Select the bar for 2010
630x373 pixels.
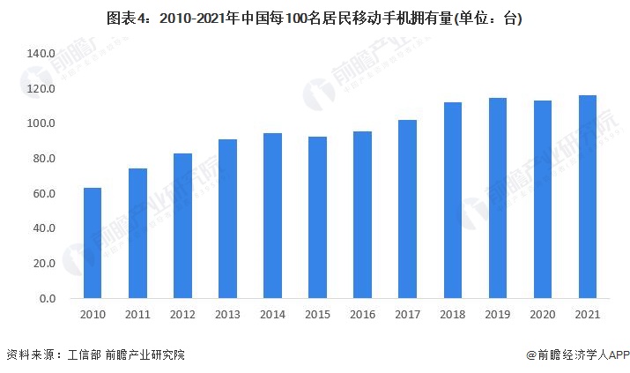coord(93,243)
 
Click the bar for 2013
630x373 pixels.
coord(227,219)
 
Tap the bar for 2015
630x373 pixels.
coord(317,218)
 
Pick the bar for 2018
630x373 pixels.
coord(453,200)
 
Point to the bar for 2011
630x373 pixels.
coord(137,234)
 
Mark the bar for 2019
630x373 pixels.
coord(498,198)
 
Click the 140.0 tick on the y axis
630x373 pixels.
coord(41,54)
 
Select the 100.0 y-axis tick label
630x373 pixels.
coord(41,123)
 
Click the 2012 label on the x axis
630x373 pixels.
coord(182,315)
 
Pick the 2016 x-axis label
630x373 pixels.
coord(362,315)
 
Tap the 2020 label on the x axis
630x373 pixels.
coord(543,315)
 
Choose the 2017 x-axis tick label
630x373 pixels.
coord(408,315)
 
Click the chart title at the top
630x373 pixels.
coord(315,18)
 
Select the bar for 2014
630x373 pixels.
coord(272,216)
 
